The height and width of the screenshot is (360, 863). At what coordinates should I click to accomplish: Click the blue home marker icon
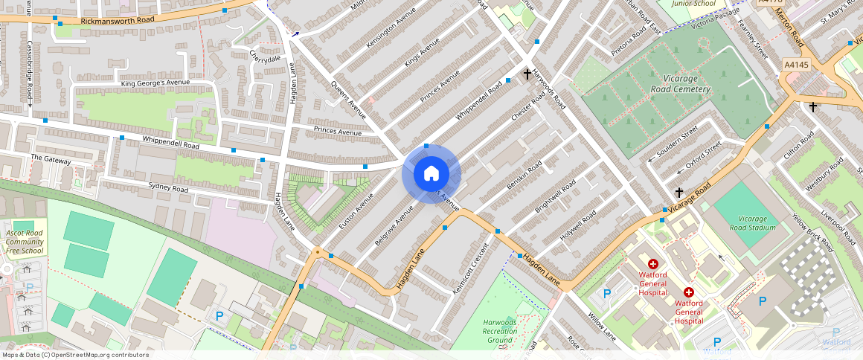[x=431, y=174]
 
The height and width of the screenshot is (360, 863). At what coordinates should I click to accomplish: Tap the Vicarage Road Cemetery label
[x=677, y=84]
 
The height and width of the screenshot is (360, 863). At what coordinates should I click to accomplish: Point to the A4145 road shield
[x=796, y=65]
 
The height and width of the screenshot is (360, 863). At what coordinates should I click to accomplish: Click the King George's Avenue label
[x=155, y=83]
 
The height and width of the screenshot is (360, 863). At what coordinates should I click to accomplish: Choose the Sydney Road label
[x=169, y=188]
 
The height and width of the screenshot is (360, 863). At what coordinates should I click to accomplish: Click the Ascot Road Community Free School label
[x=25, y=242]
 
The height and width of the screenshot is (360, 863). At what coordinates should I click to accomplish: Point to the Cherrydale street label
[x=265, y=56]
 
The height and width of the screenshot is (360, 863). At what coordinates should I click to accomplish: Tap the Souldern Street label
[x=673, y=142]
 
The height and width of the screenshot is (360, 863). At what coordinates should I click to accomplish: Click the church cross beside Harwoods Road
[x=527, y=74]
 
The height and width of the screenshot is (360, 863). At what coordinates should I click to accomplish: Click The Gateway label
[x=51, y=160]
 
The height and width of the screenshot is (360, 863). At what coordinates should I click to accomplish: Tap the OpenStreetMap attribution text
[x=74, y=355]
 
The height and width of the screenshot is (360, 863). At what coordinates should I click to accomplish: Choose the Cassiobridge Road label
[x=31, y=74]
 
